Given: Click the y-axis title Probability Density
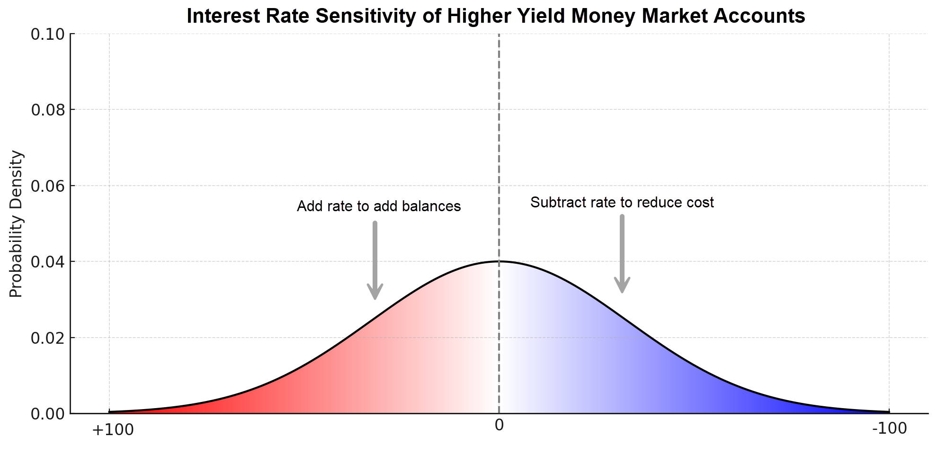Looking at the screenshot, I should coord(16,224).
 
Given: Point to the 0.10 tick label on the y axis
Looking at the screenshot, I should coord(47,34).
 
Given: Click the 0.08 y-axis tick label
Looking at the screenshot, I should coord(47,110).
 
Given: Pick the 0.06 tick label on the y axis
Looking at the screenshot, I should coord(47,186).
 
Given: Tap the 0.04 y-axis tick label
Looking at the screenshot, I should coord(47,262).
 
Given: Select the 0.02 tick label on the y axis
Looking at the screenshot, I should coord(47,338).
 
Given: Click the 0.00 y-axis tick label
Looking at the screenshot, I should coord(47,414).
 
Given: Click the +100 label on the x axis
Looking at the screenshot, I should coord(113,430).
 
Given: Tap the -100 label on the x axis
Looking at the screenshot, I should coord(889,428).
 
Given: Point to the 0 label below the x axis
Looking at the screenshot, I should coord(499,425).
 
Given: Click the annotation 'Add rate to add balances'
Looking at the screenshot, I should coord(379,206).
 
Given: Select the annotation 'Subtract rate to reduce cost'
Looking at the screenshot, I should coord(622,203).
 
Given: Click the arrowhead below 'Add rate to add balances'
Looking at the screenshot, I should coord(375,292).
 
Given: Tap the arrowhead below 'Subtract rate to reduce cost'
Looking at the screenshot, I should coord(622,286).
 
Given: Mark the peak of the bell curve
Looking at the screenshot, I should coord(499,261).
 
